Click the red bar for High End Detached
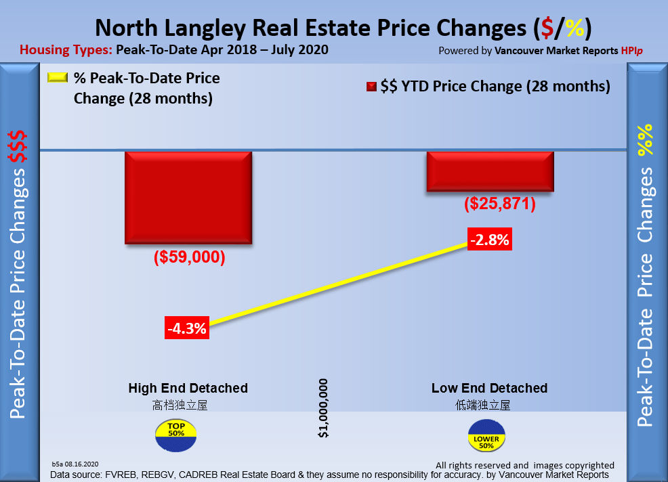pos(188,197)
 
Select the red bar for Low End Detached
pos(490,171)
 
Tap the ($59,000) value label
pos(189,259)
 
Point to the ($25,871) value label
pos(500,203)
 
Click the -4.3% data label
pos(187,328)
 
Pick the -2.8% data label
pos(489,240)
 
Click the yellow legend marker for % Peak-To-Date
pos(58,78)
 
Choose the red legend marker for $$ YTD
pos(371,87)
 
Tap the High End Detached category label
pos(188,388)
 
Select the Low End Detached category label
pos(489,388)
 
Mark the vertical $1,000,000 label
pos(323,408)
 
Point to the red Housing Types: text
pos(66,49)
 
